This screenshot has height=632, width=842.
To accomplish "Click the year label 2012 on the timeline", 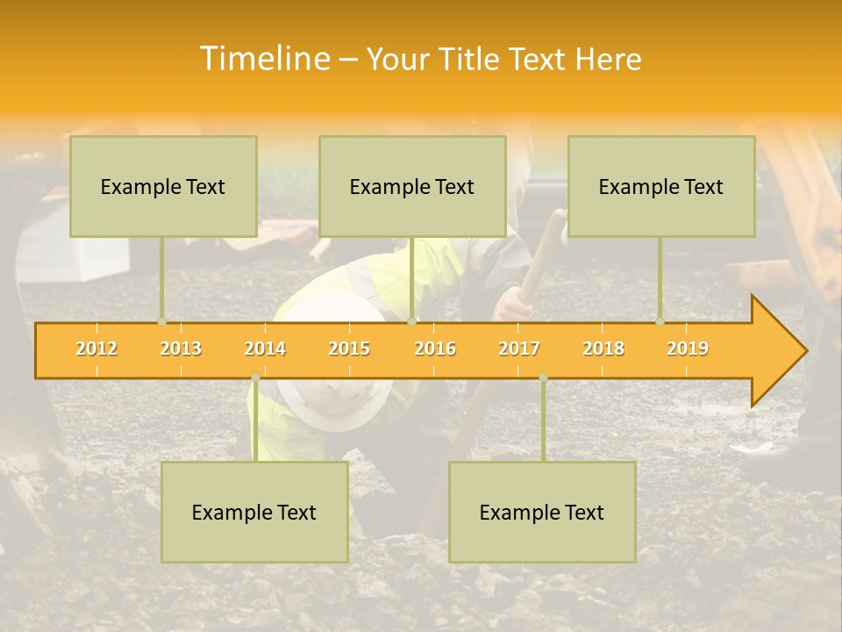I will [x=96, y=348].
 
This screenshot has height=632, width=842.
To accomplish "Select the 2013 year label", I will [x=181, y=348].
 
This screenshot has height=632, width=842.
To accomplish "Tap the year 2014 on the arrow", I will [x=265, y=348].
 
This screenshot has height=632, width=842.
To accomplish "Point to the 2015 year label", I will [x=349, y=348].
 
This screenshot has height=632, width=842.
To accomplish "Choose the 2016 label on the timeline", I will [x=435, y=348].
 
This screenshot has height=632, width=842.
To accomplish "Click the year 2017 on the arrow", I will [x=519, y=348].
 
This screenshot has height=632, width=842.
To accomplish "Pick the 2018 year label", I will [x=603, y=348].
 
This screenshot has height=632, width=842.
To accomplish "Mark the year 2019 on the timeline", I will [x=688, y=348].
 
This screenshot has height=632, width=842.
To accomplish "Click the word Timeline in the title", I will [x=262, y=59].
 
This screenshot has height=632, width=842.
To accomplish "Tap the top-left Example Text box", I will [x=163, y=186].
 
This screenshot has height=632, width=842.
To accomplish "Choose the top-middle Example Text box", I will [x=412, y=186].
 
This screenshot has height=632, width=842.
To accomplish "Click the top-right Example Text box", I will [x=661, y=186].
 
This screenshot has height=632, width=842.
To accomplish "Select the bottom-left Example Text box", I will [x=254, y=512].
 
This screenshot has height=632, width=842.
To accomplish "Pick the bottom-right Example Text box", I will [x=542, y=512].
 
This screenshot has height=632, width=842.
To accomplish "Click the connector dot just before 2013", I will [x=161, y=321].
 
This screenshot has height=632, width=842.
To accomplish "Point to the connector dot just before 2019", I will [x=660, y=321].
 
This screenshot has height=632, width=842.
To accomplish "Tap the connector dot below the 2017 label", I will [x=543, y=377].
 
